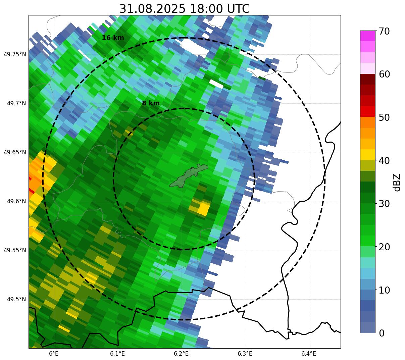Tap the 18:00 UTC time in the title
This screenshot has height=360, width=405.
[x=220, y=9]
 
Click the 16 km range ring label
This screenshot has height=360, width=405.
[x=113, y=38]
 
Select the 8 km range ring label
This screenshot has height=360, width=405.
[x=151, y=103]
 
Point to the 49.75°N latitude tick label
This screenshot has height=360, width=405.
[x=15, y=54]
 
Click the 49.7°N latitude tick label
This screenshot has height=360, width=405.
[x=16, y=103]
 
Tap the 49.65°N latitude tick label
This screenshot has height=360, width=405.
[x=15, y=152]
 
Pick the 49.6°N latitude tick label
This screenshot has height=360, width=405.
[x=16, y=201]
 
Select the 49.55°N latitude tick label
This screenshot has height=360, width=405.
[x=15, y=250]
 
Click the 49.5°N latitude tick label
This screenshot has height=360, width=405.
[x=16, y=299]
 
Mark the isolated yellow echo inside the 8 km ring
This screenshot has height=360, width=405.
[x=202, y=208]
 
